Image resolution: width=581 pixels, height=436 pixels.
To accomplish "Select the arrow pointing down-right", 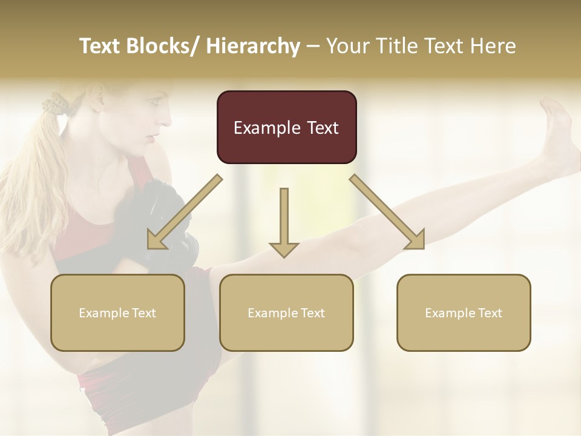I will coord(389,212).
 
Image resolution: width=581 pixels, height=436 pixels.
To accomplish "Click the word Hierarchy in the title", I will coord(252,46).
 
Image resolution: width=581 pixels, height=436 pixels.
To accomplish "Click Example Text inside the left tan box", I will coord(117,313).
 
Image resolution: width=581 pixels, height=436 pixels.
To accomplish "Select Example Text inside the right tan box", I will coord(464,313).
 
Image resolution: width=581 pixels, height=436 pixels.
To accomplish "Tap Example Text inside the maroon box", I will coord(286,128).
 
